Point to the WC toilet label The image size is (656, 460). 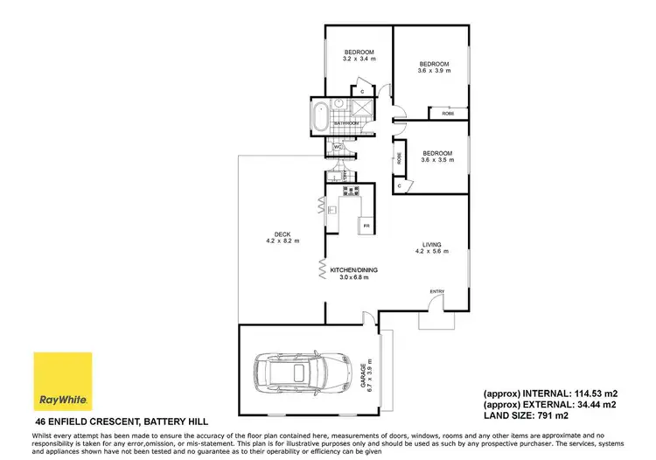point(338,148)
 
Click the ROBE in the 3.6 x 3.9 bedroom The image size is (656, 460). point(447,114)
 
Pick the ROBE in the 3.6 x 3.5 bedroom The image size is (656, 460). point(400,159)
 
